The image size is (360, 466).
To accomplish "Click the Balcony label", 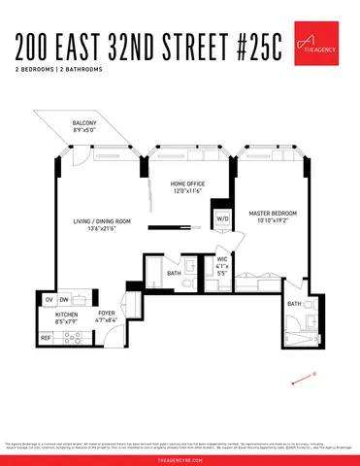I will pyautogui.click(x=83, y=123).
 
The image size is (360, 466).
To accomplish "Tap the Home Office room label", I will pyautogui.click(x=188, y=184).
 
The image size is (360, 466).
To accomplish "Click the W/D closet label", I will pyautogui.click(x=222, y=218).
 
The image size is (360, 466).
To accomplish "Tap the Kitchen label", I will pyautogui.click(x=66, y=316).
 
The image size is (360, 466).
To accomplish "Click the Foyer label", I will pyautogui.click(x=107, y=314).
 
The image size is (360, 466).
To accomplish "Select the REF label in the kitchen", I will pyautogui.click(x=46, y=337).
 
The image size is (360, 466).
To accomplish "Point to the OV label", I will pyautogui.click(x=49, y=300).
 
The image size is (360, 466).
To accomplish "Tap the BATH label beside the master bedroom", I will pyautogui.click(x=293, y=304).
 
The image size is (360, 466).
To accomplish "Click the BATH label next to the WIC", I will pyautogui.click(x=174, y=274).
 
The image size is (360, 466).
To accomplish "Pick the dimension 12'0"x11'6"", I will pyautogui.click(x=188, y=192).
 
